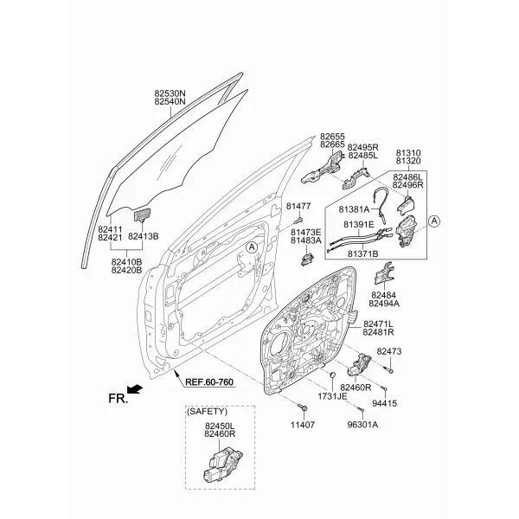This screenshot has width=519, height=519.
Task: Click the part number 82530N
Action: [x=170, y=93]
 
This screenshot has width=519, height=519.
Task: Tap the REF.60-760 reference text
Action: [x=209, y=382]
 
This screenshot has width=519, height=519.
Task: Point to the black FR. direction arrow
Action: [x=135, y=389]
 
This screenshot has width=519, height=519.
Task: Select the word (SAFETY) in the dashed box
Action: [x=208, y=412]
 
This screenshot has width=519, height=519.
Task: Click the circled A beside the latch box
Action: [x=434, y=221]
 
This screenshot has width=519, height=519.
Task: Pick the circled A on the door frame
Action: [x=252, y=247]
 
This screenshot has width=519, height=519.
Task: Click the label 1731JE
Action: [x=332, y=396]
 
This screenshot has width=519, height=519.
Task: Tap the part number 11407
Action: [x=303, y=425]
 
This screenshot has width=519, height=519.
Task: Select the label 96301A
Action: [x=362, y=425]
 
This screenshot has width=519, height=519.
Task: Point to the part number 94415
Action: [x=384, y=403]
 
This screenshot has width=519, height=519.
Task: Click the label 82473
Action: [x=389, y=351]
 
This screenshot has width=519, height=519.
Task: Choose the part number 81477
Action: [x=298, y=206]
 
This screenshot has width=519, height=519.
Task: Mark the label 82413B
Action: [x=143, y=236]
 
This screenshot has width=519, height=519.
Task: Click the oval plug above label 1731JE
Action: [x=333, y=375]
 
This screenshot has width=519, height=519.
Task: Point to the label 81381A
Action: [x=354, y=209]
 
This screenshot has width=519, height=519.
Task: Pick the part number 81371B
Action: [x=362, y=253]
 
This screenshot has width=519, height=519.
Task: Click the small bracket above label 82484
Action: [x=384, y=273]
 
